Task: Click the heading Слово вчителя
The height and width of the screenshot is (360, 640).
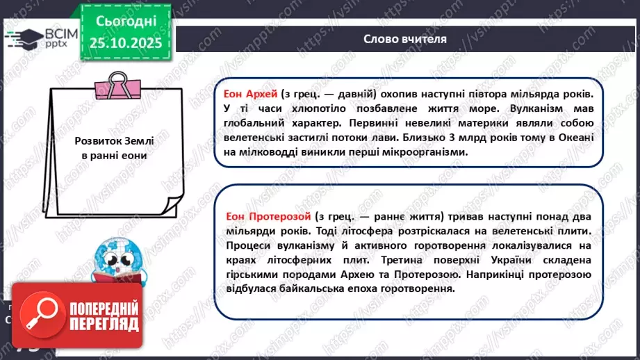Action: click(x=405, y=38)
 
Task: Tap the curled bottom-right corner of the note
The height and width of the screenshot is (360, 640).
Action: click(x=170, y=203)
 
